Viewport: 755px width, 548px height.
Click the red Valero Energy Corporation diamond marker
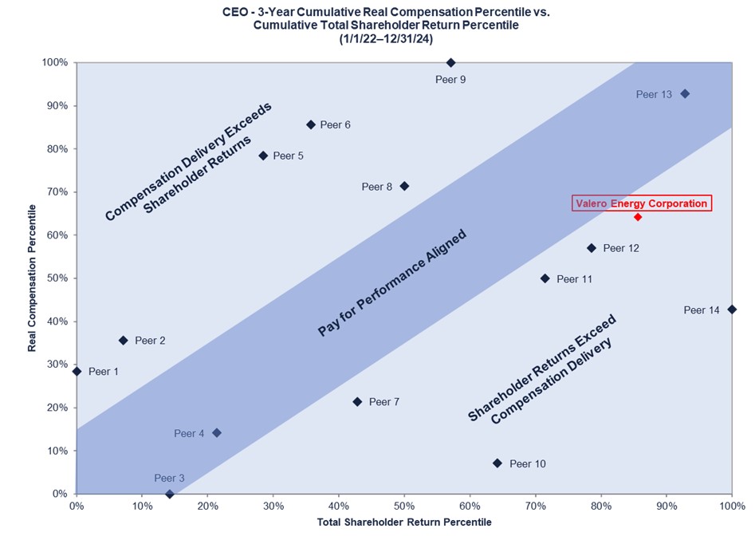[637, 217]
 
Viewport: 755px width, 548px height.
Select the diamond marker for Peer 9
[450, 62]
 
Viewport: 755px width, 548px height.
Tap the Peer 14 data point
[732, 309]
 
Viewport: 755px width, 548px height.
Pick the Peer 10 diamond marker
[497, 463]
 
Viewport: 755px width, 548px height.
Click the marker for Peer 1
[77, 371]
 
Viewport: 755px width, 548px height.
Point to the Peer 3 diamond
[170, 494]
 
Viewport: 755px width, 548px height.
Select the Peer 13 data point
[684, 94]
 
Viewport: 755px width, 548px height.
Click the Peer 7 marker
[357, 402]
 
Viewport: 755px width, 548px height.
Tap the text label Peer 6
[335, 125]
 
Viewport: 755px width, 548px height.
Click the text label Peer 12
[621, 249]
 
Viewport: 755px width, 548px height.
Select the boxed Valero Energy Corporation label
[641, 203]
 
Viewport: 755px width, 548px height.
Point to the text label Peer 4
[189, 434]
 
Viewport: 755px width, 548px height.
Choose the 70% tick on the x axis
[535, 506]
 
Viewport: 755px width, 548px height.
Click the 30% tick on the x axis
[273, 506]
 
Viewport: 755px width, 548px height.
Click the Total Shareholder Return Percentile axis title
[404, 522]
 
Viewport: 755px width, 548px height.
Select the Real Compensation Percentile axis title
[32, 278]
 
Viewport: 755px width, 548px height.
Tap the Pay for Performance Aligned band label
[391, 283]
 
